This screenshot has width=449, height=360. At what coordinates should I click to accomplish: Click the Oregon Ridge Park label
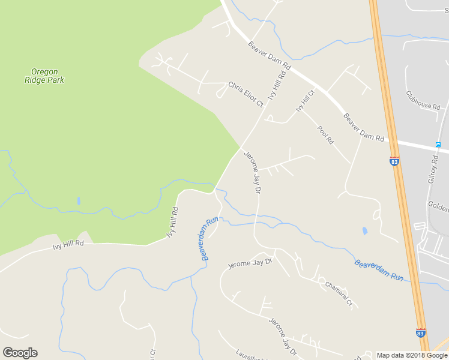[44, 76]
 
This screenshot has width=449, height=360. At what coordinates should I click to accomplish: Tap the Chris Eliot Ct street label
[246, 95]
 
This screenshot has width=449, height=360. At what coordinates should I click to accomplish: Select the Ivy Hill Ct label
[305, 101]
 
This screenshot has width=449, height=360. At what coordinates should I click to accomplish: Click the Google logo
[20, 353]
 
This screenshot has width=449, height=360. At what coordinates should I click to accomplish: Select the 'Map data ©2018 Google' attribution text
[412, 355]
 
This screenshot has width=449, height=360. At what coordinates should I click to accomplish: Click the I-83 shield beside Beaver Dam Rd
[394, 161]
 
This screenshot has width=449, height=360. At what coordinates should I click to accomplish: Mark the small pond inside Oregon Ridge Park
[79, 201]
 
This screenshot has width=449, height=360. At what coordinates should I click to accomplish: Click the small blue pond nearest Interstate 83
[365, 231]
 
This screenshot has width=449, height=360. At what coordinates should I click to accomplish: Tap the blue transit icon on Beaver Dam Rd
[438, 145]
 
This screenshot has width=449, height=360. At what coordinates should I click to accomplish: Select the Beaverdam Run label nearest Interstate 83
[379, 270]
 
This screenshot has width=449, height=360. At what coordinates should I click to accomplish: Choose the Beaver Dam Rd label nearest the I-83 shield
[363, 127]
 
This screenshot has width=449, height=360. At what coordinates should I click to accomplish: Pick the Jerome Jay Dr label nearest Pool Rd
[252, 172]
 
